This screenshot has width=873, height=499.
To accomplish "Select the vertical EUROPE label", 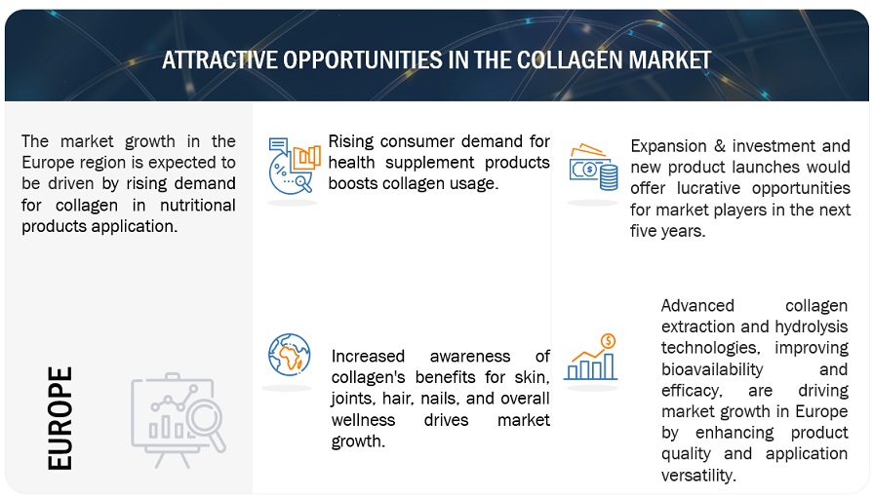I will pos(60,418).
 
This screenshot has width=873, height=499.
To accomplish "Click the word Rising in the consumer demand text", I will pos(351,142).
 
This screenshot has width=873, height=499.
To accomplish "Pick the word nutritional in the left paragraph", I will pos(197,205).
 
